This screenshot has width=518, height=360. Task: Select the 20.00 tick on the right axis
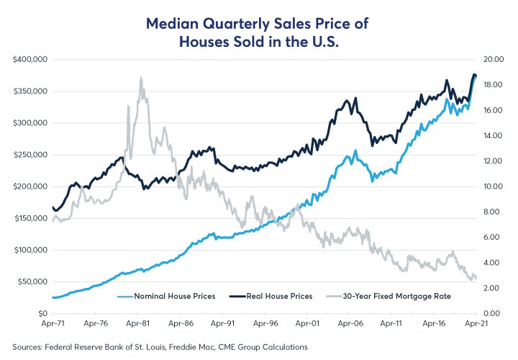click(x=494, y=59)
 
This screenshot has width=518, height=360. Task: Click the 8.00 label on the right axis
click(x=492, y=212)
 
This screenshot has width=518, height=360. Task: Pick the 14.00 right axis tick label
click(x=494, y=135)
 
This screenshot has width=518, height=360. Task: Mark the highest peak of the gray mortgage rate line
click(x=141, y=78)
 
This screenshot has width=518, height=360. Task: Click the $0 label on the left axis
click(x=42, y=313)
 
